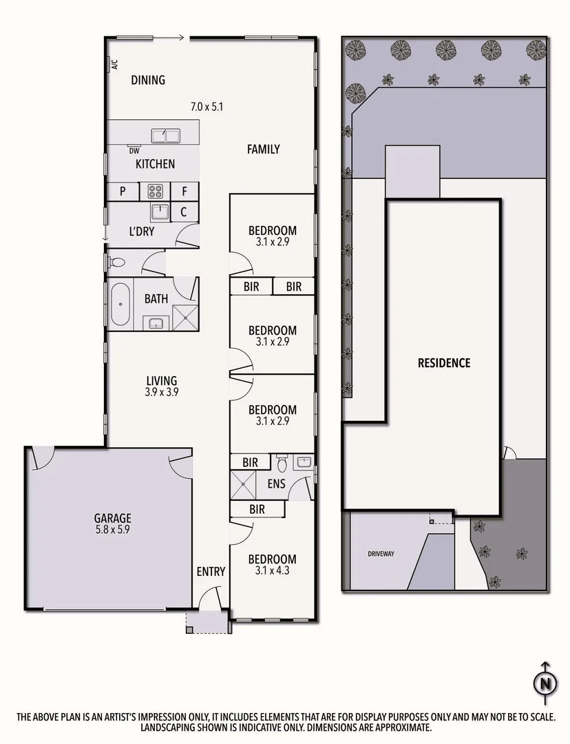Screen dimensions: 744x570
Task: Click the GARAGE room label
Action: point(112,519)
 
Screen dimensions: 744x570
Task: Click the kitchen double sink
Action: point(165,135)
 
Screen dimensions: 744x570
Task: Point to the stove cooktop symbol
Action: point(155,192)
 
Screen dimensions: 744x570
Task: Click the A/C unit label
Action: point(114,65)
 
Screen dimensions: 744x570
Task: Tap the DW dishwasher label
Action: point(134,150)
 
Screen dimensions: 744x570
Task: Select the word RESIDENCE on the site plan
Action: point(444,362)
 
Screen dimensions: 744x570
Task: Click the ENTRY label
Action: point(211,571)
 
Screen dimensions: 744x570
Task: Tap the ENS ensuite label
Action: point(277,484)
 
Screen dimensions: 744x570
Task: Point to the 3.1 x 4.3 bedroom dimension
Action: point(272,570)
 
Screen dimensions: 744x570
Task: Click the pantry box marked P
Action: point(122,192)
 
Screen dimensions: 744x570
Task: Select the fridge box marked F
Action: point(184,192)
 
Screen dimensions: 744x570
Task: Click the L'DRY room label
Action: point(141,231)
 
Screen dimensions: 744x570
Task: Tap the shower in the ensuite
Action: point(243,484)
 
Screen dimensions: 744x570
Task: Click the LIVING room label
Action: point(162,380)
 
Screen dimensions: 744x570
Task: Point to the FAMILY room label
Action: point(263,149)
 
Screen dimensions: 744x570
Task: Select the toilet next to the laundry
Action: point(116,262)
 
